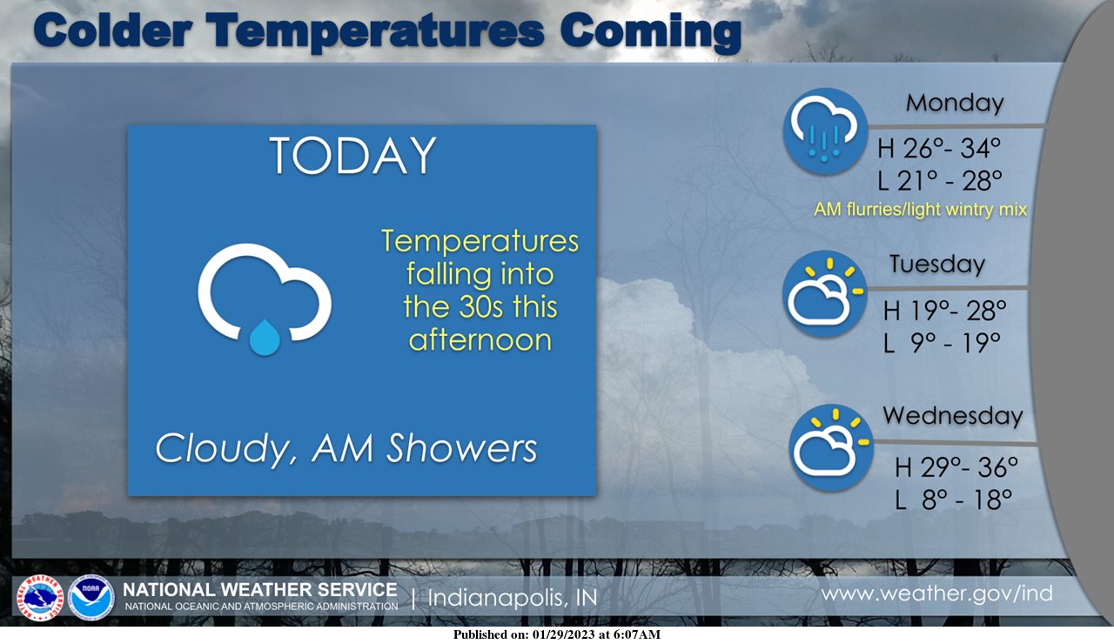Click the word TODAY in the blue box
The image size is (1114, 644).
pyautogui.click(x=353, y=155)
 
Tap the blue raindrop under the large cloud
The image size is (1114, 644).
pyautogui.click(x=265, y=338)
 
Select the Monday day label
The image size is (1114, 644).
pyautogui.click(x=955, y=104)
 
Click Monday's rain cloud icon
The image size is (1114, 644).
pyautogui.click(x=826, y=131)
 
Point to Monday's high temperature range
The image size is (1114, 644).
pyautogui.click(x=939, y=148)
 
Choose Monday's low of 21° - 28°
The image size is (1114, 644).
pyautogui.click(x=939, y=180)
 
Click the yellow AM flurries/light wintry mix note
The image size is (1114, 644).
pyautogui.click(x=920, y=210)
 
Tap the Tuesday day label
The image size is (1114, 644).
pyautogui.click(x=937, y=264)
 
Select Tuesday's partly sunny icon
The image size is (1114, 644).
pyautogui.click(x=824, y=293)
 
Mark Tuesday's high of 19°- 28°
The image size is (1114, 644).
pyautogui.click(x=944, y=311)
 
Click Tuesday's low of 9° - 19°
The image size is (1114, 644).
pyautogui.click(x=942, y=343)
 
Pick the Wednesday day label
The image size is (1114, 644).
pyautogui.click(x=952, y=416)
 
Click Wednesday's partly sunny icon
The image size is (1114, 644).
pyautogui.click(x=830, y=447)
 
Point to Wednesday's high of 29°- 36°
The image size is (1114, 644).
pyautogui.click(x=956, y=467)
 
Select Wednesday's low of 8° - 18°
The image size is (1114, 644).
pyautogui.click(x=953, y=500)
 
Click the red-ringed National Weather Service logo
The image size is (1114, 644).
pyautogui.click(x=40, y=598)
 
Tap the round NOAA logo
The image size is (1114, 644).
pyautogui.click(x=91, y=598)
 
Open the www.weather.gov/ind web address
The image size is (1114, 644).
pyautogui.click(x=937, y=594)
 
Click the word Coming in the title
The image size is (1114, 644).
pyautogui.click(x=650, y=32)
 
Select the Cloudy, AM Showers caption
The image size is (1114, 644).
pyautogui.click(x=346, y=448)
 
